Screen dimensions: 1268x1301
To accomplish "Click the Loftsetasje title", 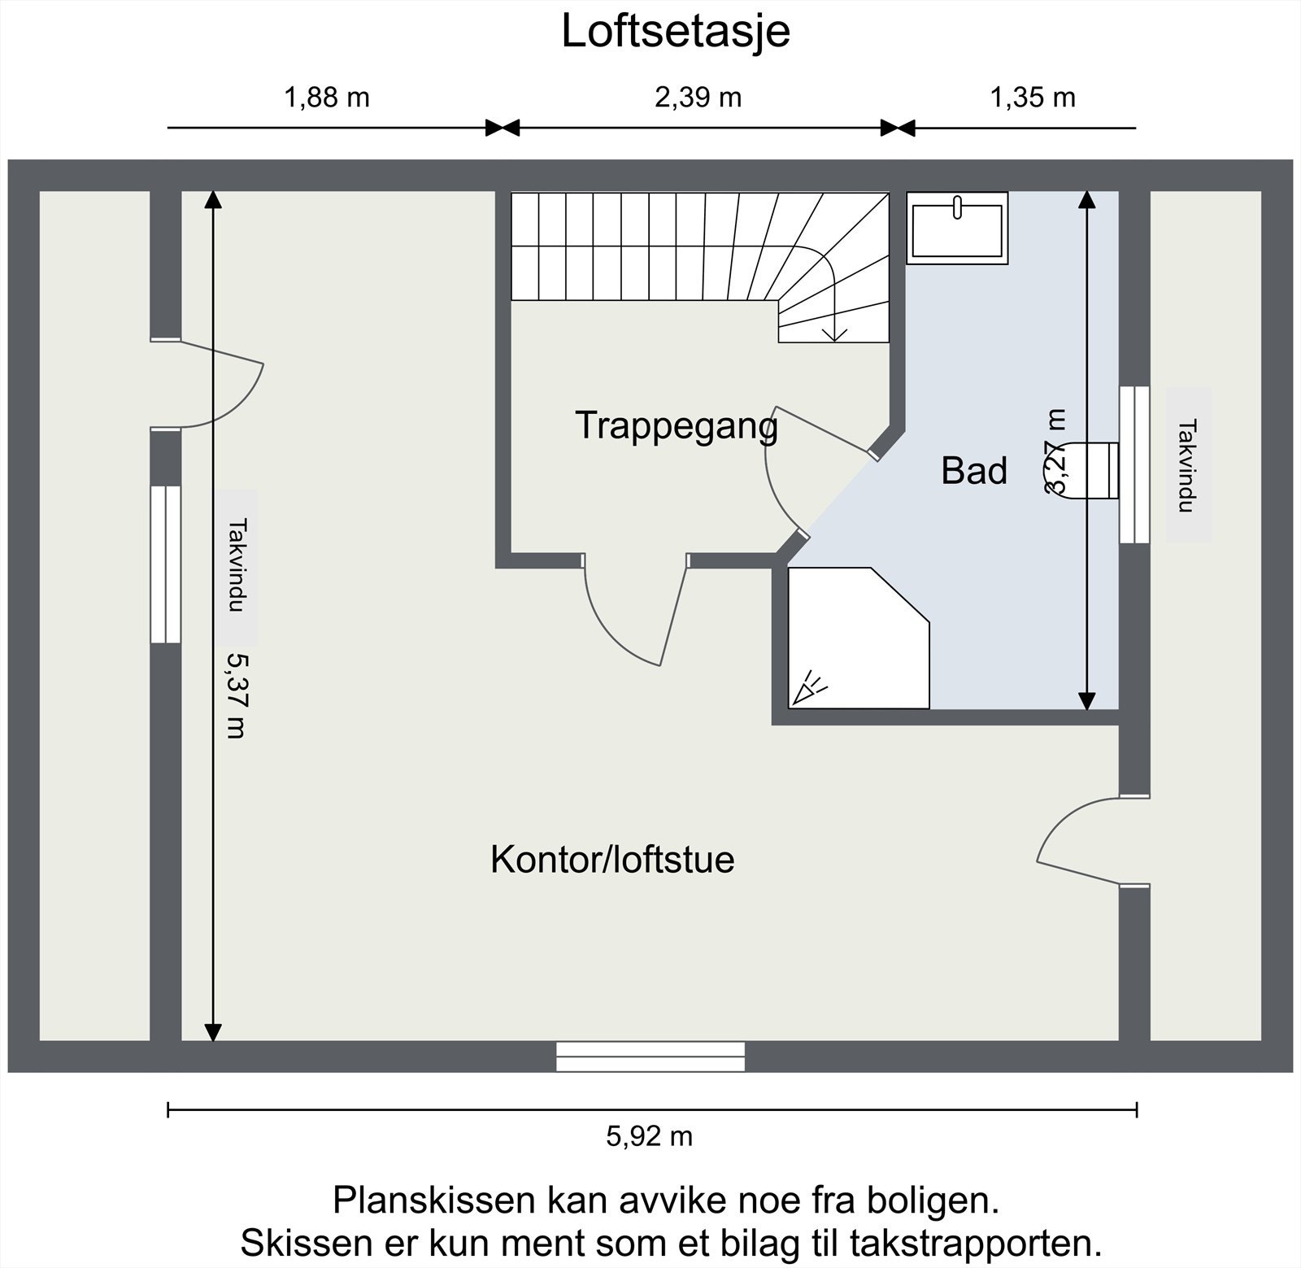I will point(675,33).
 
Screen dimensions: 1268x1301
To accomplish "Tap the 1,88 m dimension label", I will point(326,98).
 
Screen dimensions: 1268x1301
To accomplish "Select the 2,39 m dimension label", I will point(698,98).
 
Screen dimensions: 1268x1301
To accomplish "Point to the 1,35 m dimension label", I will point(1032,98).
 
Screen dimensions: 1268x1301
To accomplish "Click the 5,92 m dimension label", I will point(649,1135).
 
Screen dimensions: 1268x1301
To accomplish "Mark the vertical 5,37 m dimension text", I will point(236,695).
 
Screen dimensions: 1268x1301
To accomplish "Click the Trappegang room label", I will point(676,425).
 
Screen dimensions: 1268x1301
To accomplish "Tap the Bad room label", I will point(973,471).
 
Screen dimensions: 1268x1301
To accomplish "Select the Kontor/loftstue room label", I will point(611,860).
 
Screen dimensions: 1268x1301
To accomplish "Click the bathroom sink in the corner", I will point(957,228).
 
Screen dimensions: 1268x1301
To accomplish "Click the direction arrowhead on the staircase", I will point(834,333).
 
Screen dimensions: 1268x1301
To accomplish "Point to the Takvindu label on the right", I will point(1188,465).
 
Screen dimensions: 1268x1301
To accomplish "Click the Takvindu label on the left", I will point(236,566).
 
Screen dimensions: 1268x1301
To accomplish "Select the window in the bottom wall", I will point(650,1057).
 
